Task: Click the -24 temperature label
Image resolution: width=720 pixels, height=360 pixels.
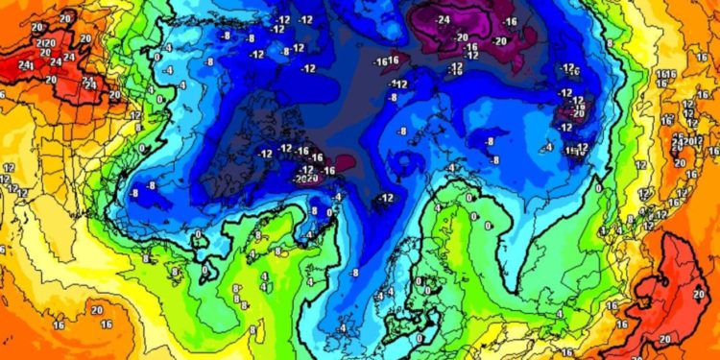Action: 443,19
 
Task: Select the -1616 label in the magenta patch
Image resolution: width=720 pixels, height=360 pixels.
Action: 387,60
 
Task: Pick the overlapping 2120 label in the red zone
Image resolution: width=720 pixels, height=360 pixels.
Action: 44,43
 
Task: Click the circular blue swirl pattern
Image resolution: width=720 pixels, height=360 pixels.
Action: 410,162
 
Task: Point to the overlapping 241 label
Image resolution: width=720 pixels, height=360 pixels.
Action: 26,65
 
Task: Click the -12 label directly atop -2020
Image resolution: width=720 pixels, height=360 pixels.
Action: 307,169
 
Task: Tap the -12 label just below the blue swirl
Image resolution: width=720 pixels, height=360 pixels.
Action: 385,198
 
